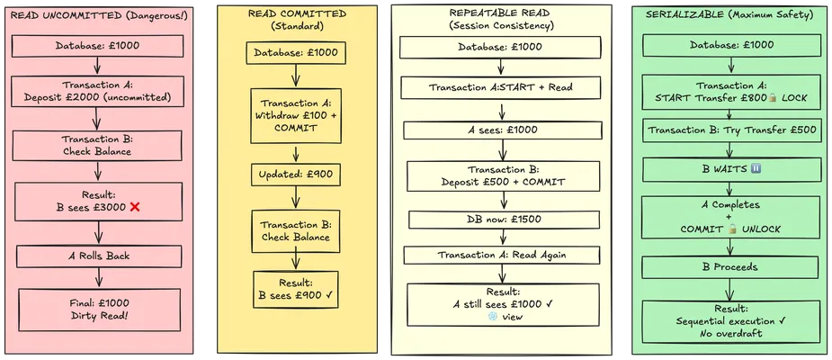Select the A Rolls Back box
pos(100,256)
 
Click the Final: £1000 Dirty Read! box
pos(100,310)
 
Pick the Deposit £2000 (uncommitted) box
pos(100,90)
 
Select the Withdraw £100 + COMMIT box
pos(296,115)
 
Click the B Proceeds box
pos(729,267)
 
